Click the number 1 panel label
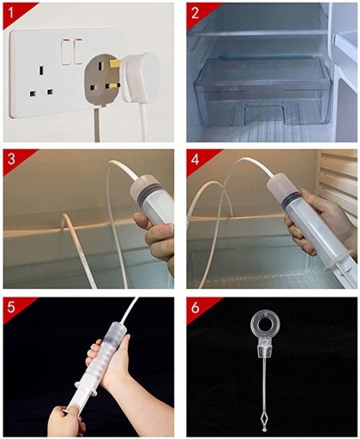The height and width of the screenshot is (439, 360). tap(10, 13)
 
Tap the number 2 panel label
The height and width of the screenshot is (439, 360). tap(195, 13)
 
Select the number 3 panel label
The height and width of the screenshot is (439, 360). tap(11, 159)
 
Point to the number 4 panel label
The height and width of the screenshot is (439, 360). tap(195, 159)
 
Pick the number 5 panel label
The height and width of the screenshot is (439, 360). tap(11, 307)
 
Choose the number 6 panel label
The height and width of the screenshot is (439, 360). tap(195, 308)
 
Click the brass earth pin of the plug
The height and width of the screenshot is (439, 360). tap(116, 63)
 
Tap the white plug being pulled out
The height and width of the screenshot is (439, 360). tap(140, 77)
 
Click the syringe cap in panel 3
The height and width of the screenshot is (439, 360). tap(144, 185)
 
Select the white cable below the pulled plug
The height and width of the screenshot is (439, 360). tap(141, 122)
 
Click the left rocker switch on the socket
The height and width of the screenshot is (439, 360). tap(67, 52)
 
